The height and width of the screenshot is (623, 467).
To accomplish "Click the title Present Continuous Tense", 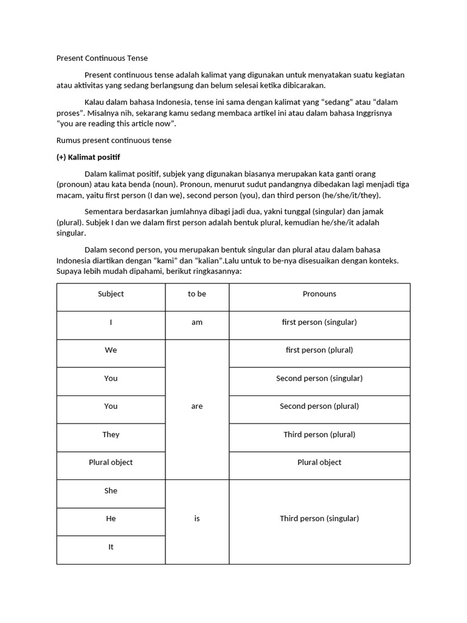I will click(x=102, y=58).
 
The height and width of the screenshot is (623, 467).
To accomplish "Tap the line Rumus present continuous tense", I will click(x=114, y=140).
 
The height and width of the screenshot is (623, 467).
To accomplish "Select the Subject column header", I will click(x=111, y=294).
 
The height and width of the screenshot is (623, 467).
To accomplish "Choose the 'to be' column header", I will click(x=197, y=294).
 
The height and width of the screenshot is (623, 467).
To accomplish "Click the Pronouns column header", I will click(x=319, y=294).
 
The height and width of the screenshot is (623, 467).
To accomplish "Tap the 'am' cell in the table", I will click(x=197, y=322).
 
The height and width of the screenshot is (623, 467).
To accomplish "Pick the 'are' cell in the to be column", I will click(x=197, y=406).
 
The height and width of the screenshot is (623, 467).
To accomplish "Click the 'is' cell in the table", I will click(x=197, y=519).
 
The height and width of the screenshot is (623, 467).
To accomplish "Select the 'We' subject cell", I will click(x=111, y=350).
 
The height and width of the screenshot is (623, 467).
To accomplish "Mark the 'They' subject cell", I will click(x=111, y=434).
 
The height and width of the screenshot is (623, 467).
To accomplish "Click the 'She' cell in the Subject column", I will click(x=111, y=491).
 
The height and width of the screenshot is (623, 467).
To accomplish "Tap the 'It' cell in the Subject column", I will click(x=111, y=547).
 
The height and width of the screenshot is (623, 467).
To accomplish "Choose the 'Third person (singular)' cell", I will click(x=319, y=519).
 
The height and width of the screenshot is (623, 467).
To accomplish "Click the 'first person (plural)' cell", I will click(x=319, y=350).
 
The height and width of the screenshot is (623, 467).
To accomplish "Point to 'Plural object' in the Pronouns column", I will click(x=319, y=462).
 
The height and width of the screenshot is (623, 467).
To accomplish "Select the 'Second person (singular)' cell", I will click(x=319, y=378).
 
